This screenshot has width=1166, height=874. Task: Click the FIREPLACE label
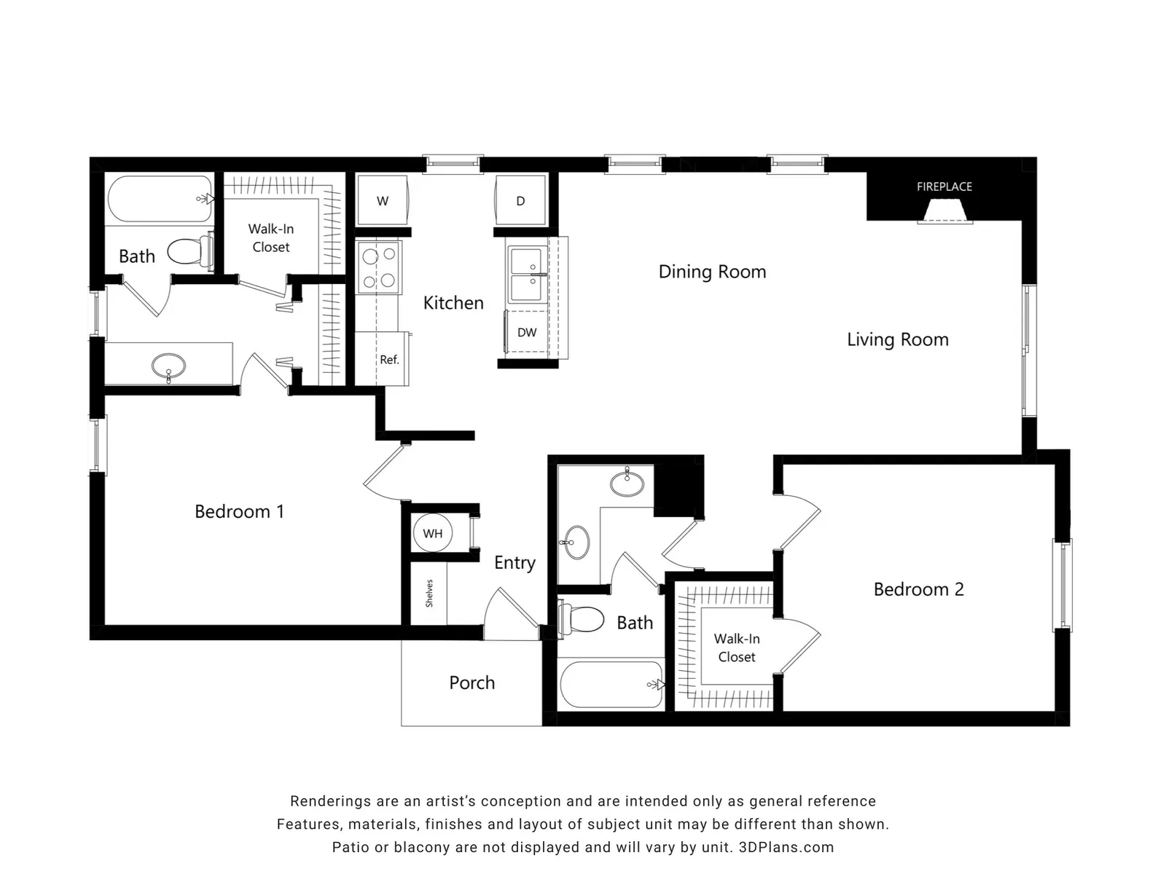pyautogui.click(x=944, y=186)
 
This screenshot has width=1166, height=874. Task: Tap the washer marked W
pyautogui.click(x=383, y=200)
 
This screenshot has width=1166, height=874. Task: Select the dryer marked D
pyautogui.click(x=520, y=200)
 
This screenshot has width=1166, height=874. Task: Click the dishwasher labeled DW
pyautogui.click(x=526, y=332)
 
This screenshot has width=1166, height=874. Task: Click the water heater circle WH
pyautogui.click(x=432, y=533)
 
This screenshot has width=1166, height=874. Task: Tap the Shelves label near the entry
pyautogui.click(x=429, y=594)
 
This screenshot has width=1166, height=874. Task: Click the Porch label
pyautogui.click(x=472, y=682)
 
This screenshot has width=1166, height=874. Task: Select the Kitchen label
pyautogui.click(x=453, y=303)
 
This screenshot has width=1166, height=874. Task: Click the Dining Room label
pyautogui.click(x=712, y=272)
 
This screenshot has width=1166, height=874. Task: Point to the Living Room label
pyautogui.click(x=898, y=339)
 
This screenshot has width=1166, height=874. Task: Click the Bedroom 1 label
pyautogui.click(x=239, y=511)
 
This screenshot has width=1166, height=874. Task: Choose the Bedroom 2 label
pyautogui.click(x=918, y=589)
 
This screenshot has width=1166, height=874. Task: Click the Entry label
pyautogui.click(x=514, y=563)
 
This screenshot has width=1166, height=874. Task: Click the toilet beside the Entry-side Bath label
pyautogui.click(x=581, y=619)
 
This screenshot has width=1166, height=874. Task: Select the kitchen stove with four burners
pyautogui.click(x=379, y=267)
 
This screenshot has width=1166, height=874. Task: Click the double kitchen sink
pyautogui.click(x=527, y=274)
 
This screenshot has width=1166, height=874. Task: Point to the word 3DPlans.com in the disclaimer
pyautogui.click(x=786, y=848)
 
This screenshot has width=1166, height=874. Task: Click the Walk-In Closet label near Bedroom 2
pyautogui.click(x=737, y=648)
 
